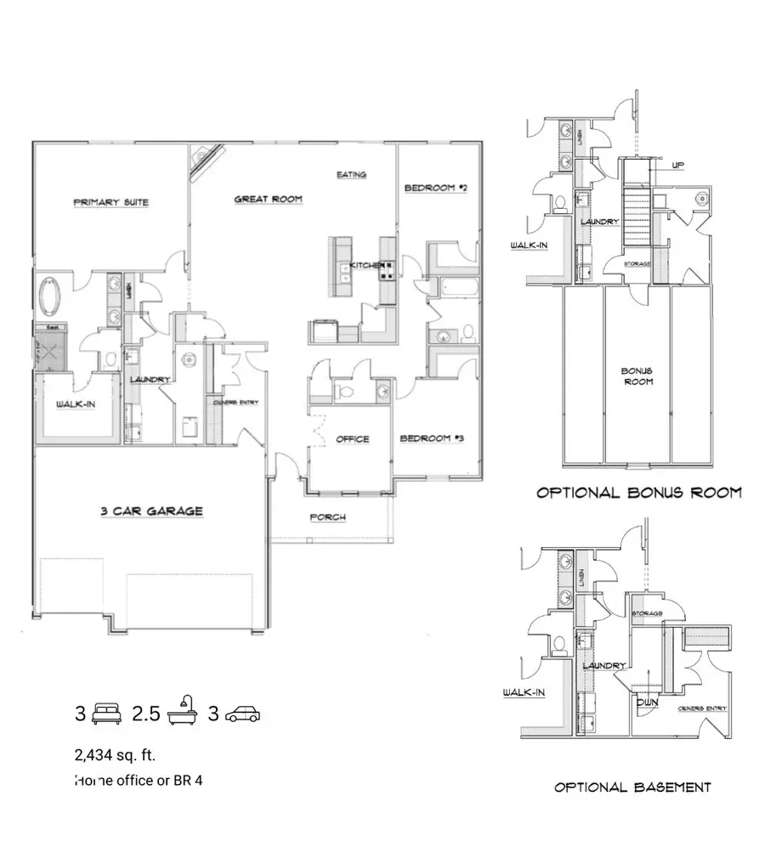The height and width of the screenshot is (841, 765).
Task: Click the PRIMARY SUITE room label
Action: (110, 202)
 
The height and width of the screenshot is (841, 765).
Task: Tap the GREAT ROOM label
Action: (268, 200)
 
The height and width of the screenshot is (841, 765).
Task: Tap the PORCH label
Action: (327, 516)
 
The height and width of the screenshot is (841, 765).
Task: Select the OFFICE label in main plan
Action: (352, 439)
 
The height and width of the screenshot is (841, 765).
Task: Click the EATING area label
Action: (351, 175)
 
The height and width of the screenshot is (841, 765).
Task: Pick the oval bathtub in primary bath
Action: (50, 297)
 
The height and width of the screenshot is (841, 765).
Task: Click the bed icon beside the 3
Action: (107, 713)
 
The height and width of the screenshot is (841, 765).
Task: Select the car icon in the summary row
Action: (243, 714)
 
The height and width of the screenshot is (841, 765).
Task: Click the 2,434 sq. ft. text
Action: (115, 754)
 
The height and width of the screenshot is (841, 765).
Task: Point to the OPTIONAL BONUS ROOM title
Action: (638, 493)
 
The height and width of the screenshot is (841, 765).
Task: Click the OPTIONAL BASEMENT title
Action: (632, 787)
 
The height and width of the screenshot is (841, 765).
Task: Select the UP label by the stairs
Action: (677, 166)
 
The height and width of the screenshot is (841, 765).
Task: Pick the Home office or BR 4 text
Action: (138, 779)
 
